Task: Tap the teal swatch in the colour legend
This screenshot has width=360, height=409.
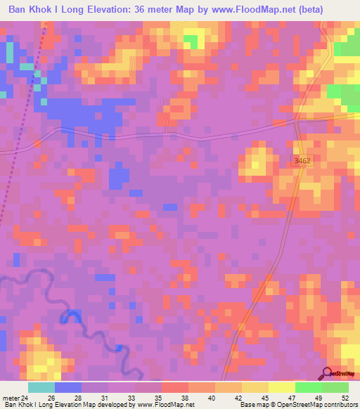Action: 41,387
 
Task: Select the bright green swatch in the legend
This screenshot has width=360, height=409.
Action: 309,387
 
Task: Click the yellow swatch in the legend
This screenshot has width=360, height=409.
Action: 255,387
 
